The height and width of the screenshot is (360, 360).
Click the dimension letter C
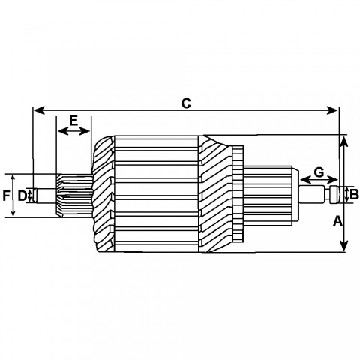pos(186,103)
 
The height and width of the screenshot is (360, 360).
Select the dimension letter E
pos(73,121)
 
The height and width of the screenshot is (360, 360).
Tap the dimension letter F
pos(6,196)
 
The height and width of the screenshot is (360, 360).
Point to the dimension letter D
pos(22,196)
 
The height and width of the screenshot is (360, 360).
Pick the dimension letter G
pos(319,172)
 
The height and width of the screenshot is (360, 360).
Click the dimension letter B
pos(354,194)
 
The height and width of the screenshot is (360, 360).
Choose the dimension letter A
pos(337,221)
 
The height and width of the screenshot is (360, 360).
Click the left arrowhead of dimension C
pos(39,110)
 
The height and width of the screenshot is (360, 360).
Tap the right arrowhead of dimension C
pos(332,110)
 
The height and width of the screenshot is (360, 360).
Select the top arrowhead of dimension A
pos(344,142)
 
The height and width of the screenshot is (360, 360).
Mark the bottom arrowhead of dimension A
pos(344,245)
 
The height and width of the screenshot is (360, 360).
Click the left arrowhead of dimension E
pos(62,130)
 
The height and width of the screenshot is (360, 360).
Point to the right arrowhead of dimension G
pos(333,179)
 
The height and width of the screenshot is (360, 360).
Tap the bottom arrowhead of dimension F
pos(13,213)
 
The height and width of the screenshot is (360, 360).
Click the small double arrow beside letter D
pos(30,196)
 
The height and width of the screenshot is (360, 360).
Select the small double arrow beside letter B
pos(346,195)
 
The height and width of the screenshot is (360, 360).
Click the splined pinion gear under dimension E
pos(74,196)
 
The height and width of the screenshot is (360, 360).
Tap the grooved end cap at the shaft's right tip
pos(334,194)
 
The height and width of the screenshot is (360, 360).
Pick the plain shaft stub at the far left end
pos(45,196)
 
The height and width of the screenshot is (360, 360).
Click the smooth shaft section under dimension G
pos(311,194)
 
